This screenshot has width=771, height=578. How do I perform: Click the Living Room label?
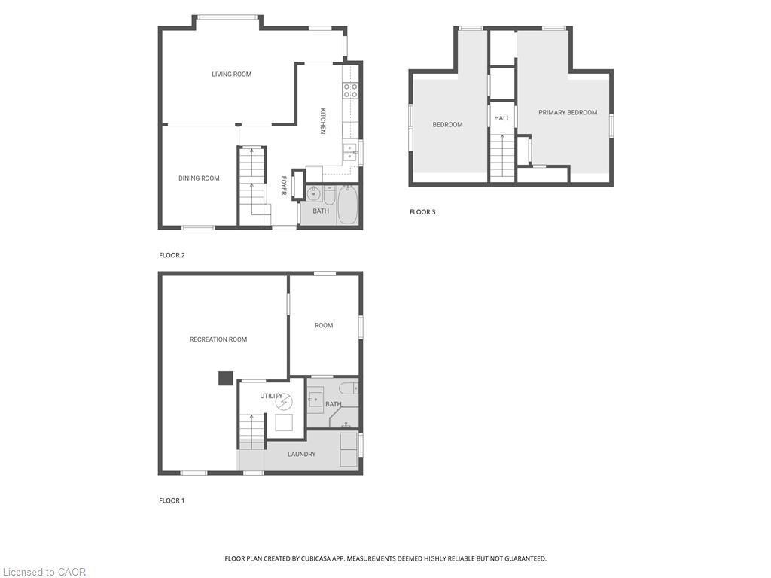(x=231, y=74)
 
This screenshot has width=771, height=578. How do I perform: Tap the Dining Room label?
(x=199, y=178)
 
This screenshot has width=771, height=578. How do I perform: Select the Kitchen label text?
(x=323, y=120)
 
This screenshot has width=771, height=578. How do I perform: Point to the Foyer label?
(x=284, y=186)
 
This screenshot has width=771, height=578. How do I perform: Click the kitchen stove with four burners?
(x=350, y=90)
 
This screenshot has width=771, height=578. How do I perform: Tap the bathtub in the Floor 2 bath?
(x=347, y=205)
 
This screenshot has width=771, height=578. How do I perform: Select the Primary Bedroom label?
(x=568, y=112)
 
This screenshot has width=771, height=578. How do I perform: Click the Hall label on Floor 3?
(x=502, y=118)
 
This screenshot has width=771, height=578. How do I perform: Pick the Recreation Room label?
(x=218, y=339)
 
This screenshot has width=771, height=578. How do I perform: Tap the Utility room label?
(x=271, y=396)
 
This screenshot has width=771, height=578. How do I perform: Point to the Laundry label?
(x=301, y=454)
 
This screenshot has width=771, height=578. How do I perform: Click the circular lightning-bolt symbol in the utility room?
(x=282, y=400)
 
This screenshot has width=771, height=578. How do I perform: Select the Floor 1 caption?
(x=172, y=500)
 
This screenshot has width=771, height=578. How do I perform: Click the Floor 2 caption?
(x=172, y=255)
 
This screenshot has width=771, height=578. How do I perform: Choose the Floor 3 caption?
(x=422, y=212)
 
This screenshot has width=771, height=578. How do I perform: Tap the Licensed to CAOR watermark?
(x=44, y=572)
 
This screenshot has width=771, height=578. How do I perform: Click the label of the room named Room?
(x=324, y=325)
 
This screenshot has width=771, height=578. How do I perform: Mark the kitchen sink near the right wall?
(x=350, y=152)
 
